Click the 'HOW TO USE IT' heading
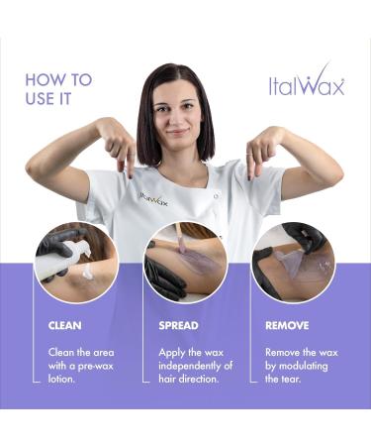pos(58,88)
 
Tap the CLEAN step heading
pos(66,324)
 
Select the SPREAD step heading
pos(179,324)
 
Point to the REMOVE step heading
pos(287,324)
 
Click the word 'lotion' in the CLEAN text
pos(63,379)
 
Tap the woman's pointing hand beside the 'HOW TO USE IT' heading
pos(120,150)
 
